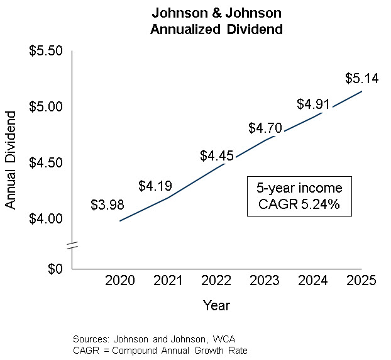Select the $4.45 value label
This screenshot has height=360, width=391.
tap(217, 155)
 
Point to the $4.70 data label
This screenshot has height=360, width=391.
tap(265, 128)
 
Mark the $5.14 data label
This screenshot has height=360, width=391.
tap(362, 79)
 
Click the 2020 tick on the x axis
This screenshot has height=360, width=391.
tap(119, 281)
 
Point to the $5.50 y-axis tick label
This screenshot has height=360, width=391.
tap(47, 51)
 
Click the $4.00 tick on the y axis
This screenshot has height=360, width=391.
tap(47, 218)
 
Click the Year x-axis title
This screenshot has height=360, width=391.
tap(216, 306)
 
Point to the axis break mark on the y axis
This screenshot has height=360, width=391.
tap(73, 245)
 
